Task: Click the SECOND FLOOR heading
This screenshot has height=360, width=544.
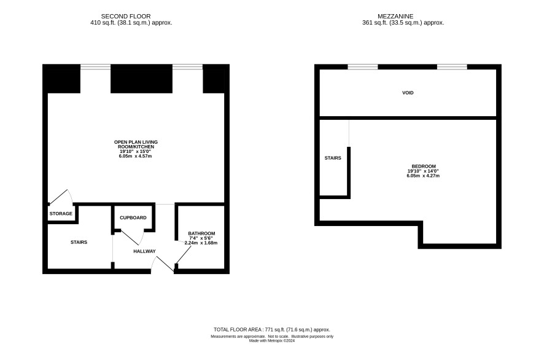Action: point(126,17)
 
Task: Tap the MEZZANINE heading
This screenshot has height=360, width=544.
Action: point(395,17)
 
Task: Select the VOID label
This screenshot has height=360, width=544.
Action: point(408,93)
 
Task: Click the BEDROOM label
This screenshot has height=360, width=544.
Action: point(424,166)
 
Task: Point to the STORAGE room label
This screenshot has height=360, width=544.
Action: point(61,214)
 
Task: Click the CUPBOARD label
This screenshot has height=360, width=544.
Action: point(133,217)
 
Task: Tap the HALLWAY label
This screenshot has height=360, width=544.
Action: point(144,251)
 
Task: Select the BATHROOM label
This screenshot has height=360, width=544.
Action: point(201,233)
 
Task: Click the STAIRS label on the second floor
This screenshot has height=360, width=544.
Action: point(79,242)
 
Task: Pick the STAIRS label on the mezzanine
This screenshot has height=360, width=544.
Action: point(333,158)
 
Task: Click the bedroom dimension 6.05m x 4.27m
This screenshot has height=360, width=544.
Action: point(423,176)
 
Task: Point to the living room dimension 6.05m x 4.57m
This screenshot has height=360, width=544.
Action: point(135,156)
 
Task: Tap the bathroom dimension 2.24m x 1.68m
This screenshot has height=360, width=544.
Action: point(201,243)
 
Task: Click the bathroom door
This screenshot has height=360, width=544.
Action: point(183,253)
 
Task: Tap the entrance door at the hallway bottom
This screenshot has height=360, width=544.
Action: point(163,264)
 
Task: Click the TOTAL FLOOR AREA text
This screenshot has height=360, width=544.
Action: point(271,329)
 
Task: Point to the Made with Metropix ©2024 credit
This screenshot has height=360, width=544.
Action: point(272,341)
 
